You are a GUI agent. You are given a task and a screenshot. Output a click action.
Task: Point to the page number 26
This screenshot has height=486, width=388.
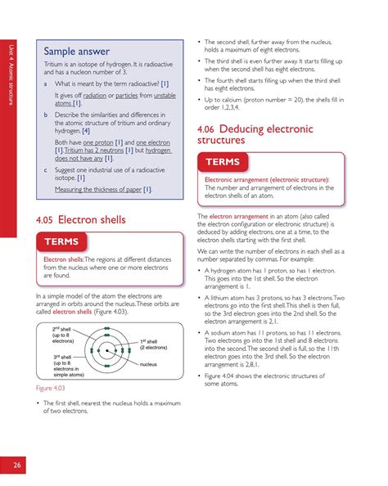(x=16, y=466)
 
